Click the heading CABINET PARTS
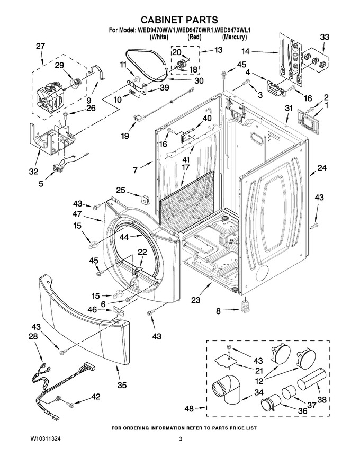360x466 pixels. (179, 20)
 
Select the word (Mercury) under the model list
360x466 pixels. (235, 37)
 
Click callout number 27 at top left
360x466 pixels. (40, 47)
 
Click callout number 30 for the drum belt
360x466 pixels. (198, 80)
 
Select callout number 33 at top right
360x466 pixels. (325, 38)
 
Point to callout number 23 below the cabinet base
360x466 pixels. (196, 300)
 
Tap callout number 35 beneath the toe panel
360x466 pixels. (122, 386)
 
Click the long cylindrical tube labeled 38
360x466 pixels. (312, 379)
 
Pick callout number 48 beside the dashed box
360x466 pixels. (189, 409)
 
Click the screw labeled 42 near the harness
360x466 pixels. (70, 404)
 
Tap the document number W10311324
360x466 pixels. (47, 438)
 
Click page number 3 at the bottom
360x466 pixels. (181, 439)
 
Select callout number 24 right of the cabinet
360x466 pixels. (322, 168)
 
